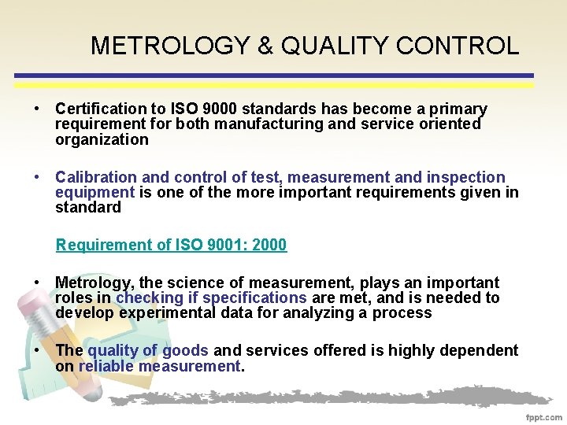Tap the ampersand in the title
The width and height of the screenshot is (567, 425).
265,46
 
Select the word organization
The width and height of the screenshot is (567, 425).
102,140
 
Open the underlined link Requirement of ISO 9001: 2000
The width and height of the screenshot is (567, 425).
171,245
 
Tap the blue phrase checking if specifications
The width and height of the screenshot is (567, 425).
211,297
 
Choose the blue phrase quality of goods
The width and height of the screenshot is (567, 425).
148,350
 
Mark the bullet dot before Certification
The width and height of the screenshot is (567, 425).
37,109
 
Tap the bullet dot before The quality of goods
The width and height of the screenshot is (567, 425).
37,350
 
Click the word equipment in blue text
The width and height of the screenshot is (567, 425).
94,193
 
